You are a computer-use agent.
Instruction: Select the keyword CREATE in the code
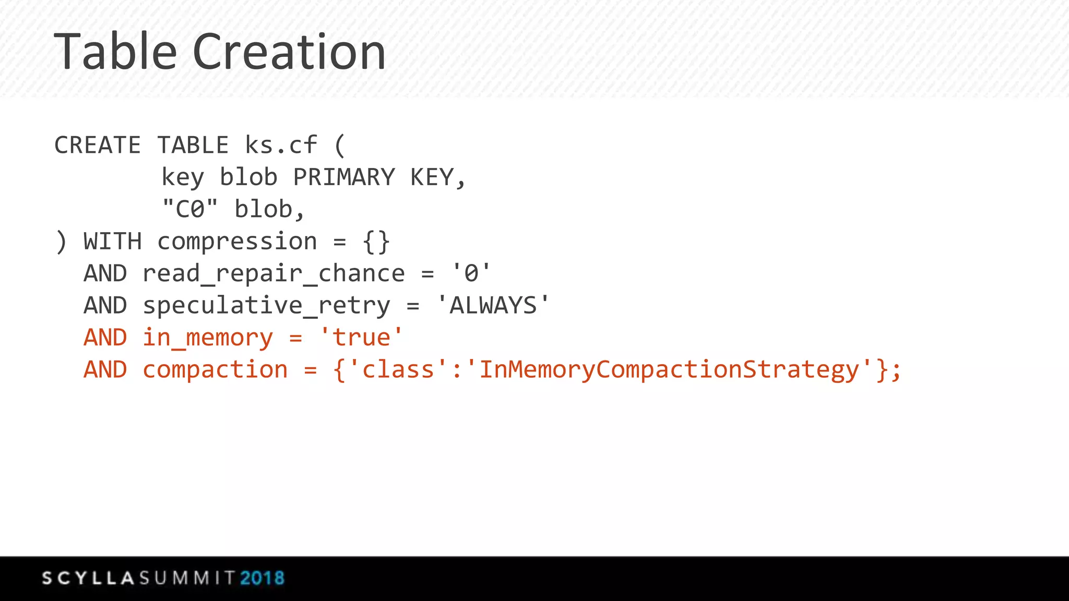pyautogui.click(x=98, y=145)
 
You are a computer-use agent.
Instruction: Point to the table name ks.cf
pyautogui.click(x=281, y=145)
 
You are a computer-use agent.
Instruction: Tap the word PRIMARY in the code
pyautogui.click(x=344, y=177)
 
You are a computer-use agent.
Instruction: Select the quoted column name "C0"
pyautogui.click(x=189, y=209)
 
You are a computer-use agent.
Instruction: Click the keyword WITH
pyautogui.click(x=112, y=242)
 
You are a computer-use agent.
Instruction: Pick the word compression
pyautogui.click(x=237, y=242)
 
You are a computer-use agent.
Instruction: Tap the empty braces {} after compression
pyautogui.click(x=376, y=242)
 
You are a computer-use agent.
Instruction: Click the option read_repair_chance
pyautogui.click(x=274, y=274)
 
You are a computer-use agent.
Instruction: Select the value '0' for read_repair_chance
pyautogui.click(x=471, y=273)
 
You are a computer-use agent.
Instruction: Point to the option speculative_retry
pyautogui.click(x=266, y=306)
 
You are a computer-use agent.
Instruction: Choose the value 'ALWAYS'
pyautogui.click(x=493, y=305)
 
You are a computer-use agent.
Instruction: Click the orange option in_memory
pyautogui.click(x=207, y=338)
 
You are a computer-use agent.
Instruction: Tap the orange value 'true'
pyautogui.click(x=361, y=338)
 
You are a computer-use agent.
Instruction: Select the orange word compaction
pyautogui.click(x=215, y=370)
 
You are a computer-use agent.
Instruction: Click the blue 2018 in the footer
pyautogui.click(x=262, y=578)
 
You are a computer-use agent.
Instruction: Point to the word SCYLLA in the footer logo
pyautogui.click(x=89, y=578)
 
